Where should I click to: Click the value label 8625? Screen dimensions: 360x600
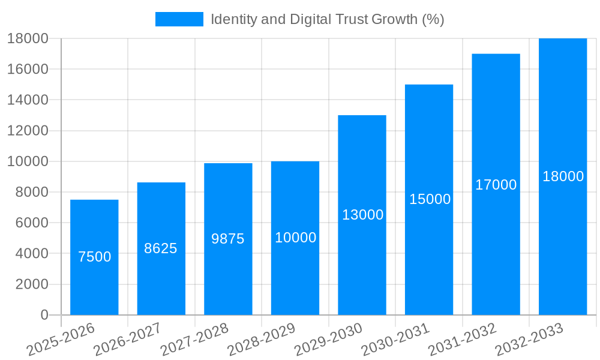(x=161, y=248)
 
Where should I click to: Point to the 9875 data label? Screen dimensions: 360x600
(x=228, y=239)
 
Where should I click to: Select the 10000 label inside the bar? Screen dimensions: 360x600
(x=295, y=238)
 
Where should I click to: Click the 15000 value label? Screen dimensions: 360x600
(x=430, y=199)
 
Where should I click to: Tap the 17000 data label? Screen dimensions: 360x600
(x=496, y=185)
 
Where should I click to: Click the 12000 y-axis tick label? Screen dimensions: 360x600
(x=28, y=131)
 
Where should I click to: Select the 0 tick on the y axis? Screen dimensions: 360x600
(x=44, y=315)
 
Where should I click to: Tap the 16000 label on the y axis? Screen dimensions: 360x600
(x=28, y=69)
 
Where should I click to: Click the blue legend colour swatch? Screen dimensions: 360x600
(x=179, y=19)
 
